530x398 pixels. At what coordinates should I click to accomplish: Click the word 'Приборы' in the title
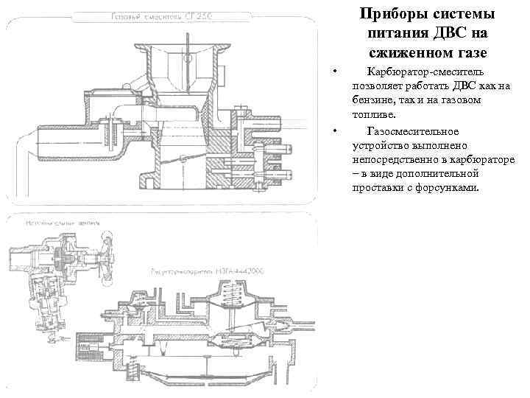tap(390, 14)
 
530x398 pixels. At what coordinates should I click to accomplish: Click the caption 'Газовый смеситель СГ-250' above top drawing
tap(162, 15)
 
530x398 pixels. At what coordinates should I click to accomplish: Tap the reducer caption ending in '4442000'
tap(210, 272)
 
